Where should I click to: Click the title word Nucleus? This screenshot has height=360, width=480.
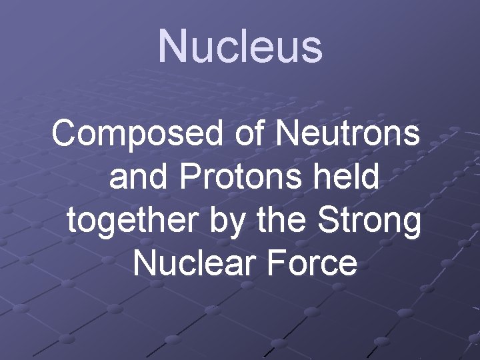click(x=240, y=47)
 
